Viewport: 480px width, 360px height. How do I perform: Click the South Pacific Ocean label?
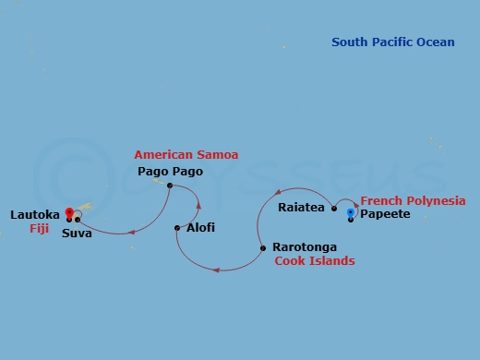393,42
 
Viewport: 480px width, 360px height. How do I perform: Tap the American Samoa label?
179,154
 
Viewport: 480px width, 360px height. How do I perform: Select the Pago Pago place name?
170,172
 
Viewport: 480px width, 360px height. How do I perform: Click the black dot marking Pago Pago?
170,186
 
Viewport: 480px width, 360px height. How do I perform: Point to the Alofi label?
200,227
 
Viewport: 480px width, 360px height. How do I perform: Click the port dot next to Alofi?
177,227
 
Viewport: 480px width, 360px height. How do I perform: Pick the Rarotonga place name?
305,247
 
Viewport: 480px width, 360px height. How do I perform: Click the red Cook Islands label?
315,261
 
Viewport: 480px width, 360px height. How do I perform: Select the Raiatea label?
301,208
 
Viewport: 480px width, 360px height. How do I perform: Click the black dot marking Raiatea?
334,208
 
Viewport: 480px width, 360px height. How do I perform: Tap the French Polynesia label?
413,200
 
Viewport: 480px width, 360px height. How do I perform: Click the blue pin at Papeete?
351,214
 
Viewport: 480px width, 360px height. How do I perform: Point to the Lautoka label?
35,214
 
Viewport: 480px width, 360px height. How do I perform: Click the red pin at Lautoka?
68,214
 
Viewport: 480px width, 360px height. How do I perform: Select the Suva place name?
77,234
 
